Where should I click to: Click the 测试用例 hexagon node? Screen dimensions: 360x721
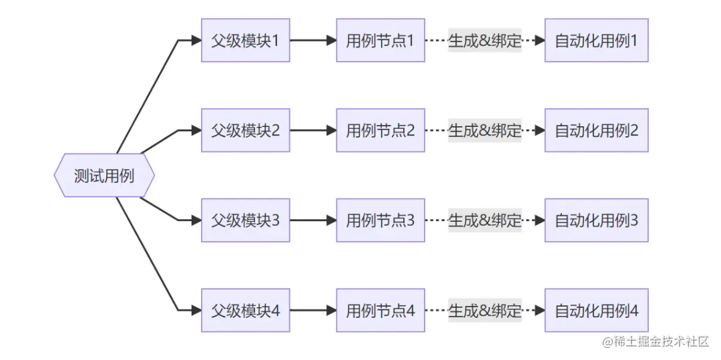(104, 175)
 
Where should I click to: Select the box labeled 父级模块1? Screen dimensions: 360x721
(245, 40)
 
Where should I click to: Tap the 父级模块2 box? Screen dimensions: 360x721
(245, 130)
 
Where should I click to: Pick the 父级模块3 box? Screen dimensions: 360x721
(245, 220)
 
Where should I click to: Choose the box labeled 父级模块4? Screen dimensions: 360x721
(245, 310)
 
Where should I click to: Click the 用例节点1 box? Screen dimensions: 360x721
(380, 40)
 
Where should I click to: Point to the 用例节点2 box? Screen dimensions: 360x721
(380, 130)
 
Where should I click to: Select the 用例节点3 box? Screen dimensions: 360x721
(380, 220)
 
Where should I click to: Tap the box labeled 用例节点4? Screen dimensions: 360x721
(380, 310)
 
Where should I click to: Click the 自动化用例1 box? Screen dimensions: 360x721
(596, 40)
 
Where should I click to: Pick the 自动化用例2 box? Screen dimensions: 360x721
(596, 130)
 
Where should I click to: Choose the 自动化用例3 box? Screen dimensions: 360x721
(596, 220)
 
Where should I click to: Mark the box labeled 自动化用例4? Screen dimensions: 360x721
(596, 310)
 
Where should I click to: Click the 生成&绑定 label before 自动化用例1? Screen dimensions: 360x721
(485, 40)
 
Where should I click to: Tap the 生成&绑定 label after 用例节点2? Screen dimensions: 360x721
(485, 130)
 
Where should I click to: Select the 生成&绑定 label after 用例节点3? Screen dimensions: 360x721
(485, 220)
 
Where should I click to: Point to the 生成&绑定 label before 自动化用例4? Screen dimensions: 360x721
(485, 310)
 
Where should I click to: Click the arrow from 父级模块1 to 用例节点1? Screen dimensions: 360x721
(312, 40)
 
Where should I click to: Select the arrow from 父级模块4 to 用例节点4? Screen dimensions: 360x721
(312, 310)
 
